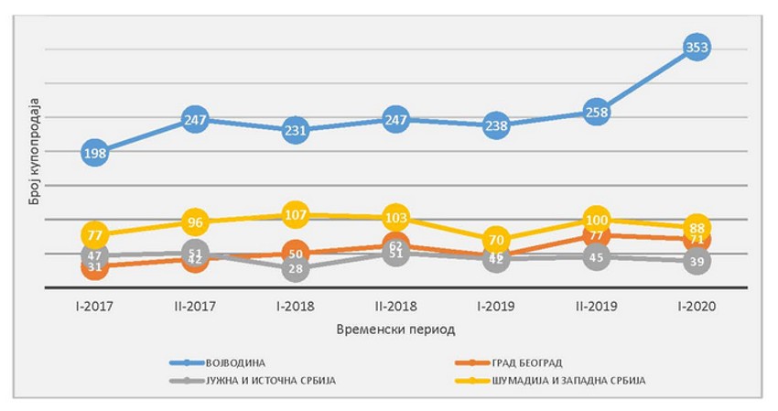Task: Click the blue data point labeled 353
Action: pos(697,47)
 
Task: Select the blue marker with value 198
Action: pos(95,153)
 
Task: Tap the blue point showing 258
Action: pos(596,112)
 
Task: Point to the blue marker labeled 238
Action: pos(496,126)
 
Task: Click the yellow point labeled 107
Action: pos(296,215)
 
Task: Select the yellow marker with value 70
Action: pos(496,241)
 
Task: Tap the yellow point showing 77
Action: pos(95,235)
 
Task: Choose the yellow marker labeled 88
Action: pos(697,227)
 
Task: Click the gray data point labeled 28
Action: pos(296,268)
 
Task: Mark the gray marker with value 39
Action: pos(697,261)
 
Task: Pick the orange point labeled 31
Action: pos(95,267)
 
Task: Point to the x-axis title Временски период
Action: pos(395,328)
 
